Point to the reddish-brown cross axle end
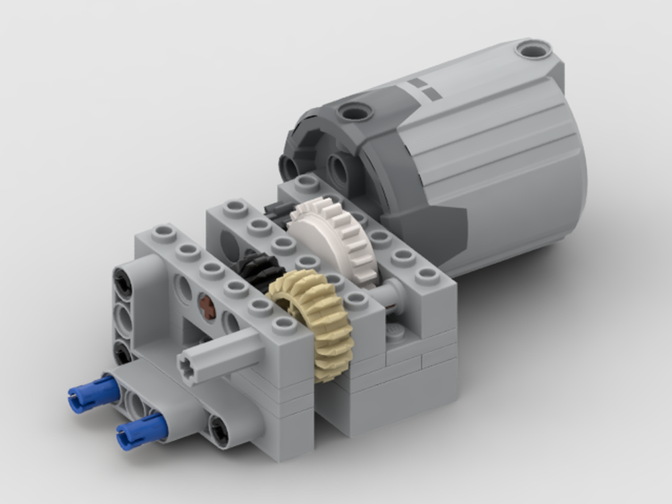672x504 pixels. (x=208, y=308)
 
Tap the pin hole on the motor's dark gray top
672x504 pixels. (x=354, y=111)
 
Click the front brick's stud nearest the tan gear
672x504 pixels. (x=285, y=325)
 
